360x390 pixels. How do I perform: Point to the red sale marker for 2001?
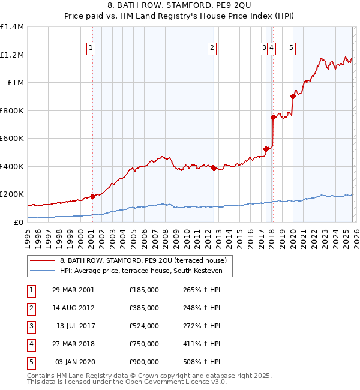tap(93, 196)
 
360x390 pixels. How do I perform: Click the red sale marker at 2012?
tap(214, 169)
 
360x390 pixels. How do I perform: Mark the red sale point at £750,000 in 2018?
tap(273, 118)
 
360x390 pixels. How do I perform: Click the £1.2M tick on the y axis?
tap(12, 55)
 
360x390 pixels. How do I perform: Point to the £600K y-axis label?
tap(12, 138)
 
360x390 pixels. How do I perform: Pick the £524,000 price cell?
tap(143, 326)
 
